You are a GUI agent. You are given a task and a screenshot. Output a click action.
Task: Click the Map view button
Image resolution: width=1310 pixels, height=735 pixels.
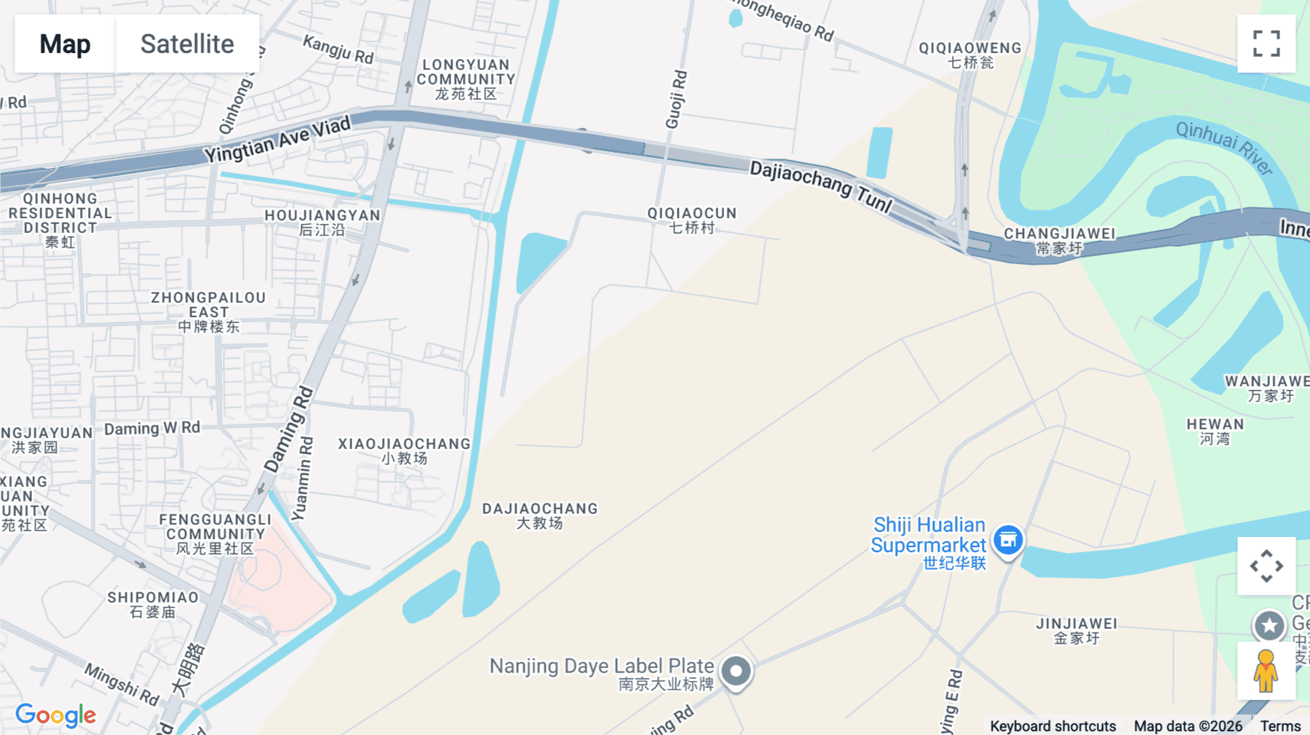point(65,44)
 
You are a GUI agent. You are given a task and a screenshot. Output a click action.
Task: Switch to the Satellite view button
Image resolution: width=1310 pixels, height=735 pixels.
point(187,44)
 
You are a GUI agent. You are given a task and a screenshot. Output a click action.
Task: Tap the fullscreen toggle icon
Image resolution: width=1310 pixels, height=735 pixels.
point(1266,44)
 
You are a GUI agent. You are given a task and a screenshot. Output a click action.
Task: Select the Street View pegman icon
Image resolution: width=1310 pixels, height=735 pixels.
point(1266,671)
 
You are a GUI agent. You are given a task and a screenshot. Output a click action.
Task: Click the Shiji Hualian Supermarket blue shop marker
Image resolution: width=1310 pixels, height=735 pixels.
point(1008,540)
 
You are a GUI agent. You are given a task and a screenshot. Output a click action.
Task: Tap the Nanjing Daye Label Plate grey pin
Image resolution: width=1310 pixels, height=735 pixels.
point(736,671)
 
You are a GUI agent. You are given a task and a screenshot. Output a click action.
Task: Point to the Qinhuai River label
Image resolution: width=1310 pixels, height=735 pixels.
point(1224,148)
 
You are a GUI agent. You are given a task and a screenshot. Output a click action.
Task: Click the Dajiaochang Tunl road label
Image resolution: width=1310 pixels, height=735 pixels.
point(821,187)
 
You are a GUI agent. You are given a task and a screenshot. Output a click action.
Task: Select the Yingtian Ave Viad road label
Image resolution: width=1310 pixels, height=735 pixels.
point(277,139)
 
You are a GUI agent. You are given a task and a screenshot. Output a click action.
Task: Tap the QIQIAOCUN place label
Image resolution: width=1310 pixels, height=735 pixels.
point(692,220)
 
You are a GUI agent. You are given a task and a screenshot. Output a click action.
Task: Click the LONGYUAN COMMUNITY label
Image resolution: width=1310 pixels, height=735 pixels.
point(466,79)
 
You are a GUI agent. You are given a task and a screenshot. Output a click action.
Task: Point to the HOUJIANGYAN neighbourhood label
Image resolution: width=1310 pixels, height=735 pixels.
point(322,222)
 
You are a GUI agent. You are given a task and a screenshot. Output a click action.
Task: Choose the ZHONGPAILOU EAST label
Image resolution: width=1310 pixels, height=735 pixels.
point(208,311)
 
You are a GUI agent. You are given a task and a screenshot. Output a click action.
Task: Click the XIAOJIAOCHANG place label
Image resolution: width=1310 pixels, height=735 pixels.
point(404,450)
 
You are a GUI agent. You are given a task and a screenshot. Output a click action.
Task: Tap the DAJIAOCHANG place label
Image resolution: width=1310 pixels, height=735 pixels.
point(539,515)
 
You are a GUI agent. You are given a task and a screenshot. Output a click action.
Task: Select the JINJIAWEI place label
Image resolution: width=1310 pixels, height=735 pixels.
point(1076,630)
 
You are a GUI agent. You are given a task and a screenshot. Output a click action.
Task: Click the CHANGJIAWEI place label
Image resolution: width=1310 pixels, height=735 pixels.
point(1060,240)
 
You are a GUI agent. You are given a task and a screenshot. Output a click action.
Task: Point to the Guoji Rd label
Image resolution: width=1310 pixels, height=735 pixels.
point(676,100)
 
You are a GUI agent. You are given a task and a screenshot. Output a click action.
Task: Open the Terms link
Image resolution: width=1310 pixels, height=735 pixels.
point(1280,726)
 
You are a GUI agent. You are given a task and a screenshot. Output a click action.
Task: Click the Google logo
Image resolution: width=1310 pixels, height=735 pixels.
point(55,715)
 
